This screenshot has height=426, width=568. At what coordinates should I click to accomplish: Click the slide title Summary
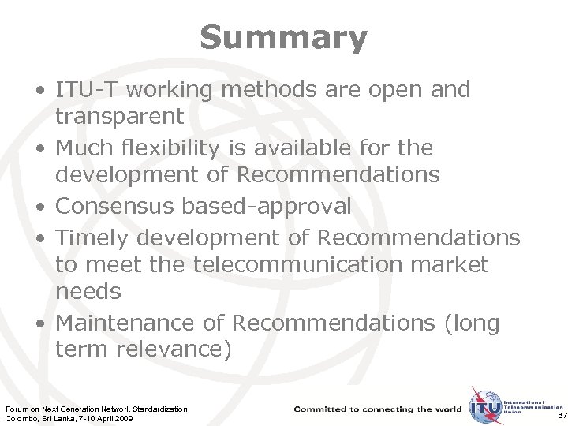point(283,37)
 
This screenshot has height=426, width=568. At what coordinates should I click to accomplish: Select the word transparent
point(119,117)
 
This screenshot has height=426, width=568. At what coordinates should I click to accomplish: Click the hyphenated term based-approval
point(267,207)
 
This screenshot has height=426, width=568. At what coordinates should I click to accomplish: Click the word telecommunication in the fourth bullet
point(293,264)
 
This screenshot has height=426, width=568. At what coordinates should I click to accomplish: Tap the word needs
point(88,293)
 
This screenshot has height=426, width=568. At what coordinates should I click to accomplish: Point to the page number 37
point(561,415)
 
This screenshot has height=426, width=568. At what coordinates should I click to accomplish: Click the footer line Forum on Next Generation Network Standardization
point(96,409)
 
